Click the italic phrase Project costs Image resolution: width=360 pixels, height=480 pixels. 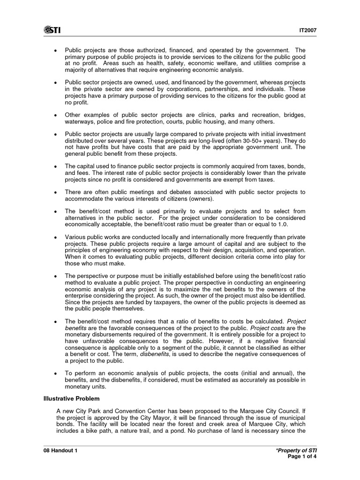(x=267, y=328)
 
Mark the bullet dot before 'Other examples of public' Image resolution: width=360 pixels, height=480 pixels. (x=56, y=115)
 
